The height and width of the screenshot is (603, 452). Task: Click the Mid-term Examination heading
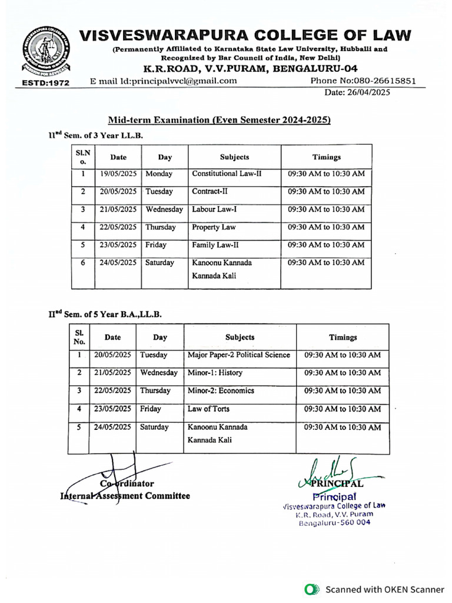click(x=219, y=120)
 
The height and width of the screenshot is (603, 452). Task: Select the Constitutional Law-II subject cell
click(x=227, y=174)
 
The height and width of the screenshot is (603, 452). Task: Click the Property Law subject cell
click(x=214, y=227)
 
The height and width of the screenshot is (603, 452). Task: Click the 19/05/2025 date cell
click(x=118, y=174)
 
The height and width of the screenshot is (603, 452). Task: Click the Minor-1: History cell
click(x=215, y=373)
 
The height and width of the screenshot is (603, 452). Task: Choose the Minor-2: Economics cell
click(x=221, y=390)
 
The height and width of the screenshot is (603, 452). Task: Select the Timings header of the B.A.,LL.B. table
click(x=343, y=337)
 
